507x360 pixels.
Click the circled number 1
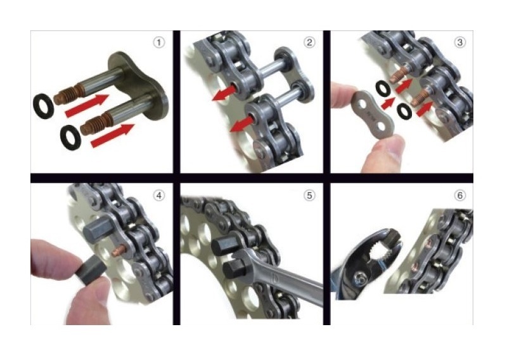point(158,43)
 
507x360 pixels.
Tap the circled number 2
point(309,43)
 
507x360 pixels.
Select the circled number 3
point(459,43)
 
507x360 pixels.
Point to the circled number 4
point(158,195)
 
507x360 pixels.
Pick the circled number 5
point(309,195)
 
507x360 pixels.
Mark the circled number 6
point(459,195)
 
